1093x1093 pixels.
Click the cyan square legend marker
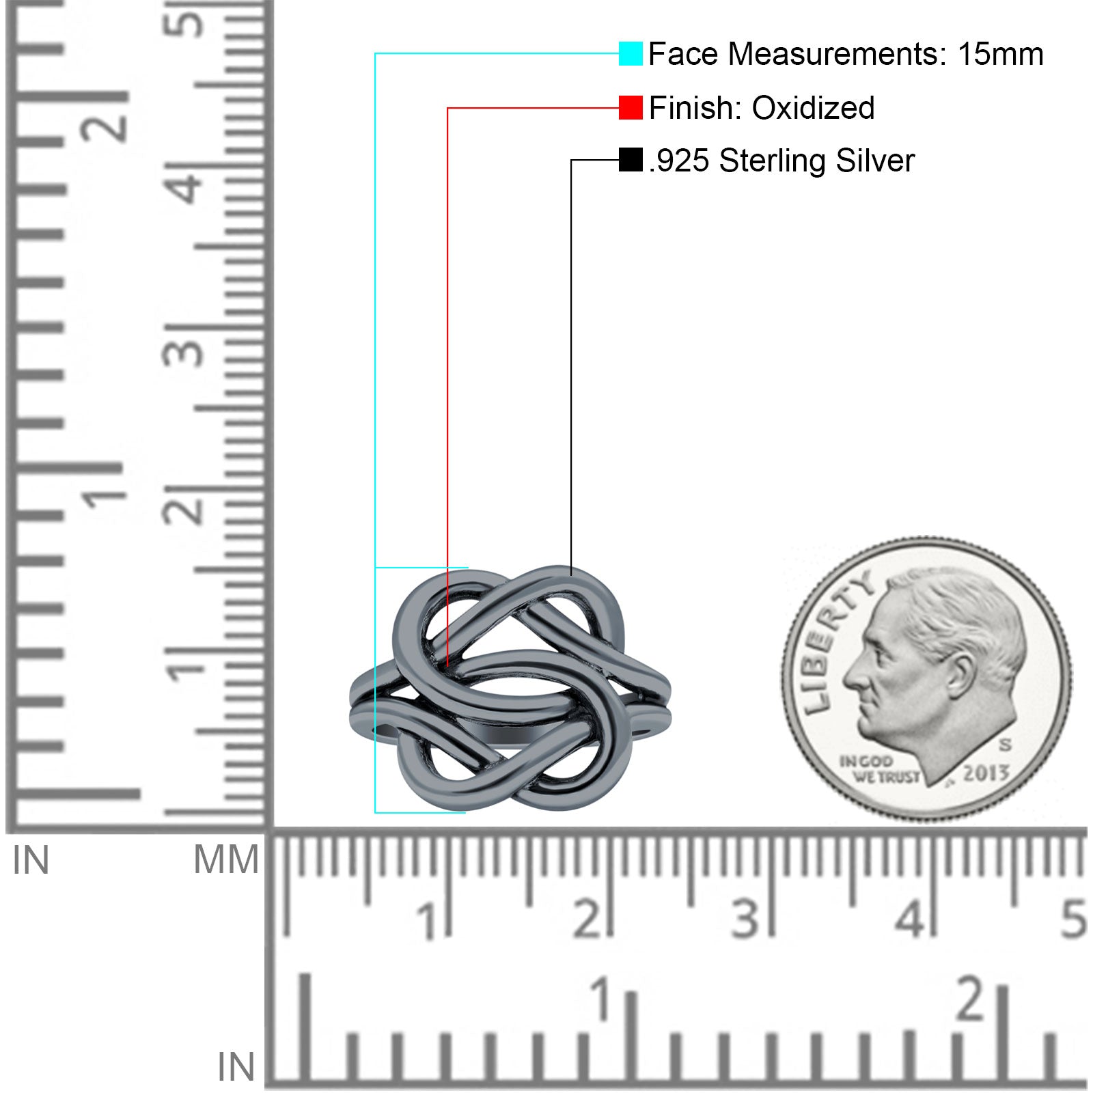tap(631, 53)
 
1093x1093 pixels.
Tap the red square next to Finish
tap(631, 107)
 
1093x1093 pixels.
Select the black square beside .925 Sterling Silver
tap(631, 160)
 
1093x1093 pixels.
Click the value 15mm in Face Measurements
tap(1000, 54)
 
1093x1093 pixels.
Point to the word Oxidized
tap(813, 108)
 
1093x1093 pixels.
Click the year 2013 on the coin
tap(986, 773)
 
